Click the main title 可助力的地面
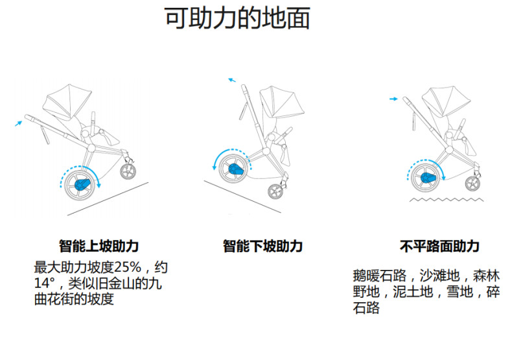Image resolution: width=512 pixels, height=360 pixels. click(237, 20)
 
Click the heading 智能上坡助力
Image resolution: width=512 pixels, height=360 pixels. click(99, 246)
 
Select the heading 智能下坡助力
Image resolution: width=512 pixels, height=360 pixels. click(262, 246)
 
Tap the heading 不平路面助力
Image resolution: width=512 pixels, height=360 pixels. click(439, 246)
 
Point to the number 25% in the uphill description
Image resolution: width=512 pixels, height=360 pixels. click(134, 267)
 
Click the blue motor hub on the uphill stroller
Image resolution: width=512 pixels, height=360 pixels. click(84, 183)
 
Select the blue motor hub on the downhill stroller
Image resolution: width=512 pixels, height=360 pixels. click(233, 169)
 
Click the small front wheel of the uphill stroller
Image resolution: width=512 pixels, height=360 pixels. click(129, 171)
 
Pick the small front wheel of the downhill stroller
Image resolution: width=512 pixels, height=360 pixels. click(277, 191)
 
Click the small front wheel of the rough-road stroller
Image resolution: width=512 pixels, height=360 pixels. click(473, 184)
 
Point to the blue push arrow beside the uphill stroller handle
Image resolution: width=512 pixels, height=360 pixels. click(19, 121)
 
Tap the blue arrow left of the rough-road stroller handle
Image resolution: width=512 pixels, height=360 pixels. click(393, 99)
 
